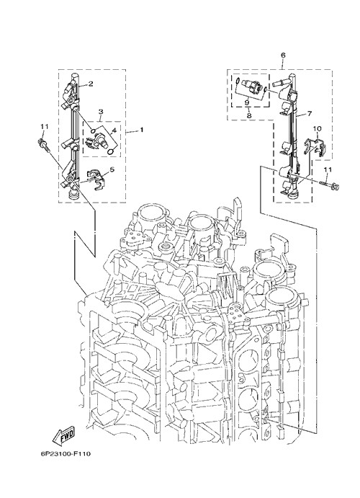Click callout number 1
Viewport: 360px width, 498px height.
click(141, 130)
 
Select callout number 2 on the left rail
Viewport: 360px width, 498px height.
click(91, 84)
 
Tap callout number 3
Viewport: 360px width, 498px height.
click(101, 112)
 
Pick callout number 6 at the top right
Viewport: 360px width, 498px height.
click(283, 55)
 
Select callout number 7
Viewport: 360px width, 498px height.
click(310, 113)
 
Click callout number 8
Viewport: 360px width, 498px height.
click(249, 115)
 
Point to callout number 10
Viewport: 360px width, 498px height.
click(318, 128)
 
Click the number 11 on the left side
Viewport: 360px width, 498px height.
click(44, 126)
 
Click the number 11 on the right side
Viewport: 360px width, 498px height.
click(328, 170)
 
